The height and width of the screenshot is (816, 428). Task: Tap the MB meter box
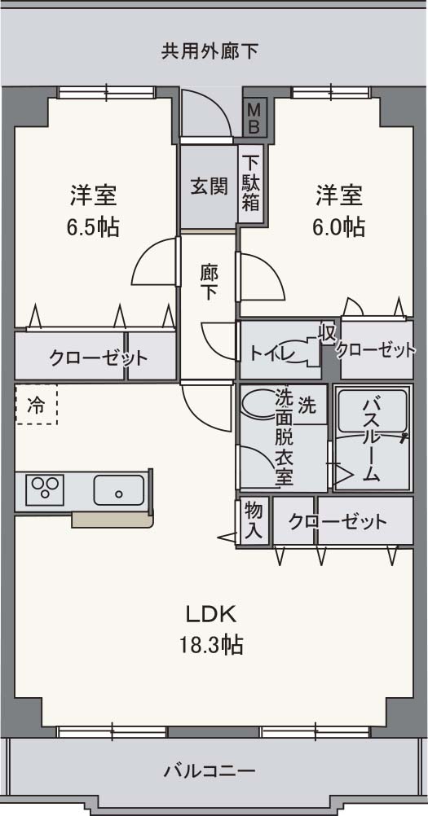(x=254, y=116)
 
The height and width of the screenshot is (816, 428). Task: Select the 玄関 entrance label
(x=209, y=186)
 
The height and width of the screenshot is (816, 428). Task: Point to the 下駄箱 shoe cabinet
(x=250, y=183)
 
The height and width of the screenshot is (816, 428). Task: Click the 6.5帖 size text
(x=93, y=227)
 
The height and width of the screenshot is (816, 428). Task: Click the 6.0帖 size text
(x=338, y=226)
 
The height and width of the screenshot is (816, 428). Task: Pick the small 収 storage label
(x=328, y=333)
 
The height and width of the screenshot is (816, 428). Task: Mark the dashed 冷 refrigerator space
(x=37, y=405)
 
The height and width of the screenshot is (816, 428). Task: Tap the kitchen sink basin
(x=118, y=490)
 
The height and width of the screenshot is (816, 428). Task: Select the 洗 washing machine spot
(x=306, y=404)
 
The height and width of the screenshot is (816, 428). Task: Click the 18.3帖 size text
(x=211, y=646)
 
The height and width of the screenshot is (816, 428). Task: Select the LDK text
(x=210, y=613)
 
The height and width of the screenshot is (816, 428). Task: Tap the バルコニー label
(x=210, y=770)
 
